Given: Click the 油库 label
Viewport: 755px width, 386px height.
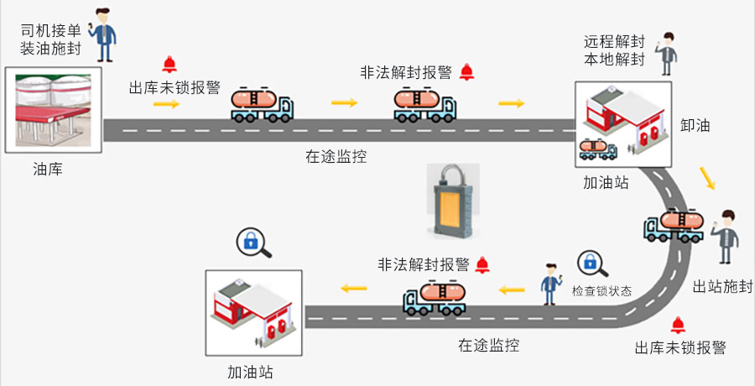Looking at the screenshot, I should (x=47, y=170).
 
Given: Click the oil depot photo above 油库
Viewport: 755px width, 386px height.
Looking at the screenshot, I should (x=52, y=110).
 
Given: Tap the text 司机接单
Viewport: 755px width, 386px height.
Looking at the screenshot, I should (x=51, y=31).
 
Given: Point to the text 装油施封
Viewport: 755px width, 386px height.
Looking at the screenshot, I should (x=51, y=50).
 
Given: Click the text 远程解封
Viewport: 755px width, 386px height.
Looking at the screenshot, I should (x=614, y=41).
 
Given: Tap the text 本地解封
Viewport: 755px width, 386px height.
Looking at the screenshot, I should (x=614, y=60).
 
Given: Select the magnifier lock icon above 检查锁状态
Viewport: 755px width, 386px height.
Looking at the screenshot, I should (x=591, y=263).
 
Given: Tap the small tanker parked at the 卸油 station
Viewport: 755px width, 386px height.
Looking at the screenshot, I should (x=597, y=148).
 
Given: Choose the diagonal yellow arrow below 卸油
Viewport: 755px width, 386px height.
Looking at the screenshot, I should (x=708, y=178).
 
